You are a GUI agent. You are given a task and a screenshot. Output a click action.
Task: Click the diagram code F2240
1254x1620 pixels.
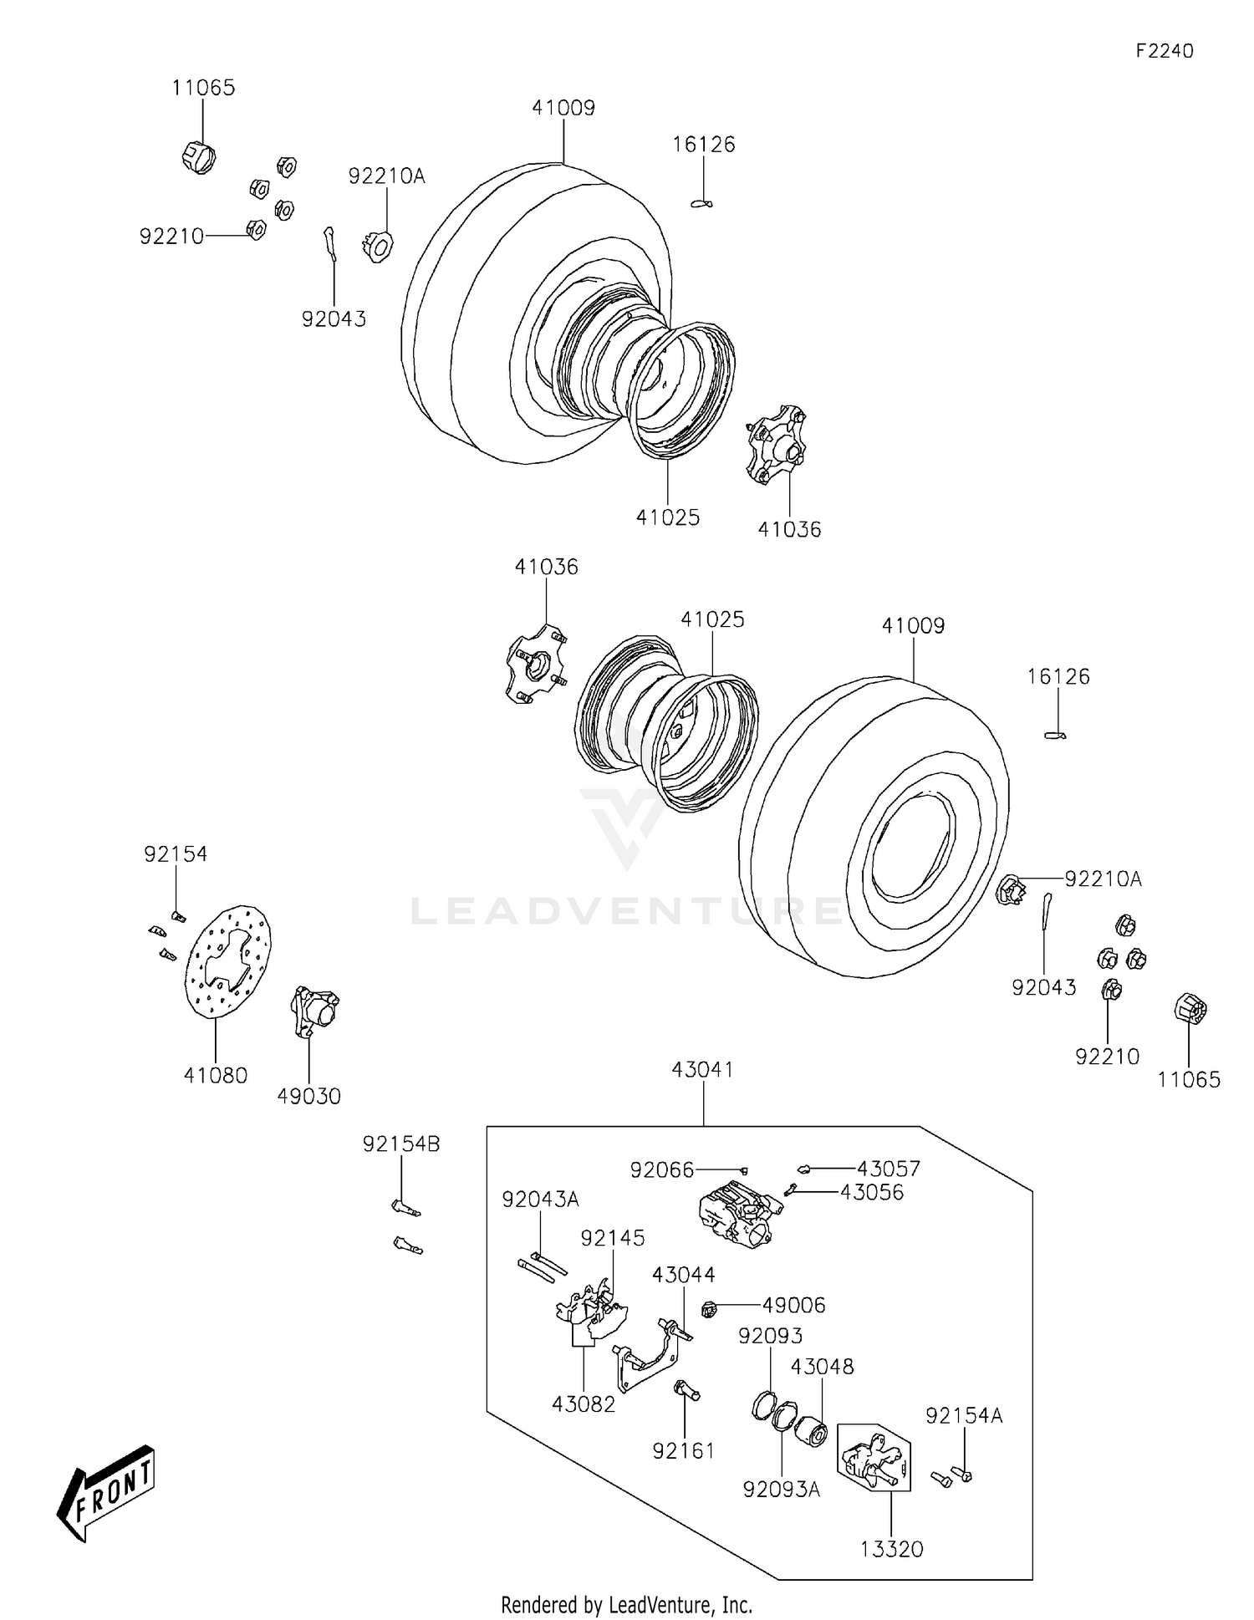point(1164,51)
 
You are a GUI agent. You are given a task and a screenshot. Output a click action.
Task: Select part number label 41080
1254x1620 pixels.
point(216,1076)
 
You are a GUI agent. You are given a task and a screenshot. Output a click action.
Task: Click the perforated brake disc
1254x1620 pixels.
point(228,961)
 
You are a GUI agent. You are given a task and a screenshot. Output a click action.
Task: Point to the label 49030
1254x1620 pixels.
point(309,1096)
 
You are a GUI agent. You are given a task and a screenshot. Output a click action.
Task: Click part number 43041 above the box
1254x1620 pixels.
point(703,1069)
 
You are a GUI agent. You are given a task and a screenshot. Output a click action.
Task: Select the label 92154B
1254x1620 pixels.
point(401,1144)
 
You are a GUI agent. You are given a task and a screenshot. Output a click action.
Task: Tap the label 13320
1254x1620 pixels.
point(892,1549)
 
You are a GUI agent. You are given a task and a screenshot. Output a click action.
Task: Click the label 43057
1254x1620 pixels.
point(888,1168)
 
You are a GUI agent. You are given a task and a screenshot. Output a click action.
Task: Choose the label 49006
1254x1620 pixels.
point(793,1305)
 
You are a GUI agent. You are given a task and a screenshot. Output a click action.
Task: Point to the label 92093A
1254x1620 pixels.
point(782,1489)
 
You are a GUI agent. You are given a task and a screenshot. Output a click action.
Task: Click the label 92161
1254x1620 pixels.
point(684,1450)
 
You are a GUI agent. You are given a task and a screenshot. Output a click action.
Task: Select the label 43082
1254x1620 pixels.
point(584,1403)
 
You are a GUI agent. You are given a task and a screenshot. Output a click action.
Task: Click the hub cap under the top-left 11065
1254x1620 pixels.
point(199,156)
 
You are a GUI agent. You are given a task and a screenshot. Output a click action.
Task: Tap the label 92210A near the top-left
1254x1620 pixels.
point(386,176)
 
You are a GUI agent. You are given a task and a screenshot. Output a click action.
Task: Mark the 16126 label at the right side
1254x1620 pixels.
point(1058,676)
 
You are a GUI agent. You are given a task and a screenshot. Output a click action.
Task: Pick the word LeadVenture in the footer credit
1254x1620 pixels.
point(660,1604)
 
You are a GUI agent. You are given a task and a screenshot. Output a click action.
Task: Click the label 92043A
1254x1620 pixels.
point(540,1199)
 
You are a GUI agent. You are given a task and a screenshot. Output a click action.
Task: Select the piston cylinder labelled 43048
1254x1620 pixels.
point(810,1434)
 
